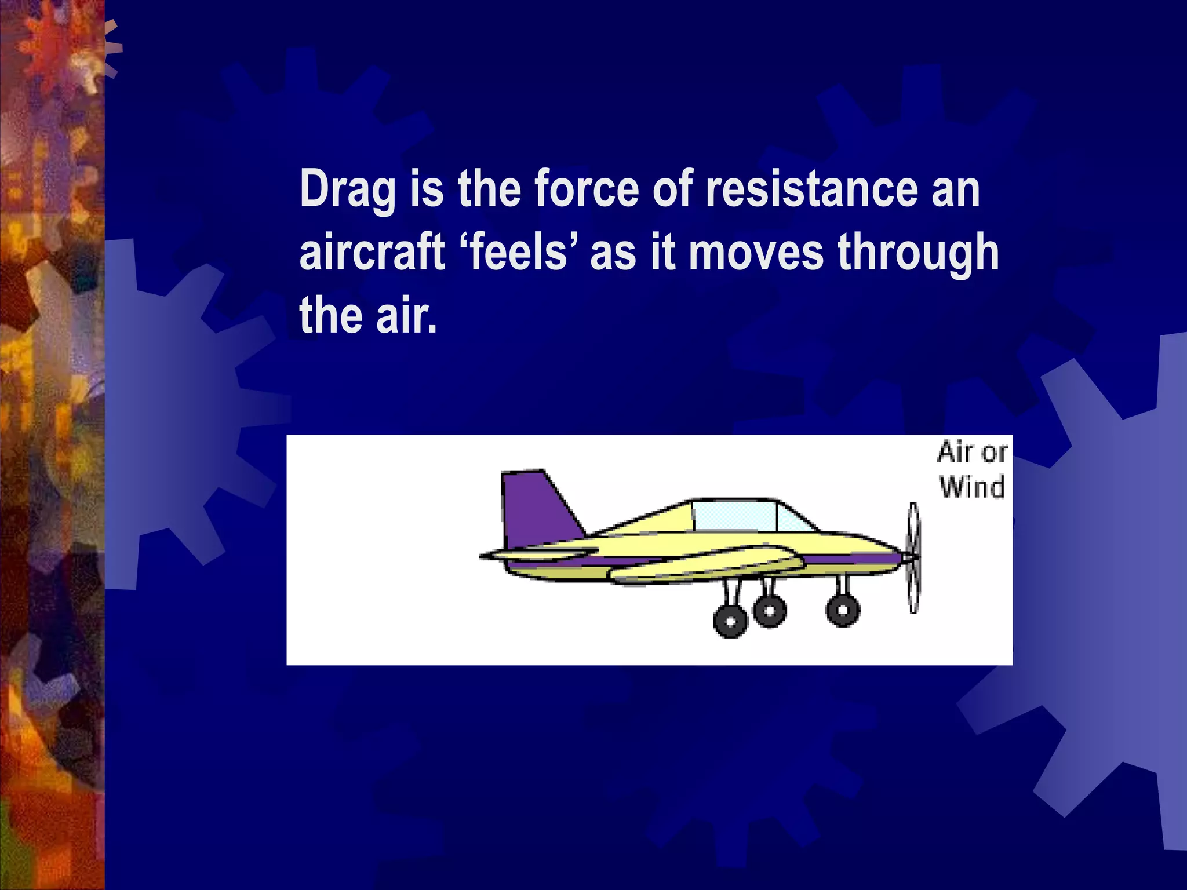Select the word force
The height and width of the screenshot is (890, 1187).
pyautogui.click(x=586, y=189)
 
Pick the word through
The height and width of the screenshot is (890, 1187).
pyautogui.click(x=918, y=253)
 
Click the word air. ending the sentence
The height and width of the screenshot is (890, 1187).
pyautogui.click(x=406, y=316)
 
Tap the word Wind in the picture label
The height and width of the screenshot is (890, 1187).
pyautogui.click(x=972, y=487)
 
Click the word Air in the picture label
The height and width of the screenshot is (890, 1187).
pyautogui.click(x=955, y=453)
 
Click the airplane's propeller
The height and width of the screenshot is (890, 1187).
pyautogui.click(x=913, y=557)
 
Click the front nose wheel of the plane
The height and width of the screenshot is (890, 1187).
pyautogui.click(x=843, y=610)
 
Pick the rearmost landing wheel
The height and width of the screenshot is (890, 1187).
pyautogui.click(x=730, y=621)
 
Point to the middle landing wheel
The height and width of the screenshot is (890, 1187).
pyautogui.click(x=770, y=610)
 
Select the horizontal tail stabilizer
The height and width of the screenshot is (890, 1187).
pyautogui.click(x=539, y=553)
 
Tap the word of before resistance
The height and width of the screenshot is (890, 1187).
pyautogui.click(x=672, y=189)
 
